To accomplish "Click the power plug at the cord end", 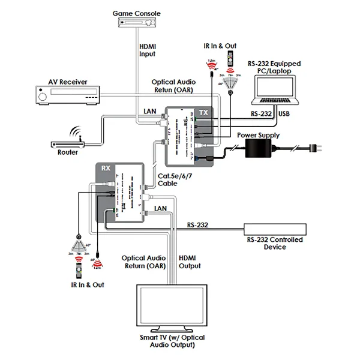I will point(316,149).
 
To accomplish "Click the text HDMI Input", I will point(147,50).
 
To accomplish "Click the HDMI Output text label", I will point(190,262).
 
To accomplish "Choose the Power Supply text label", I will point(259,136).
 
